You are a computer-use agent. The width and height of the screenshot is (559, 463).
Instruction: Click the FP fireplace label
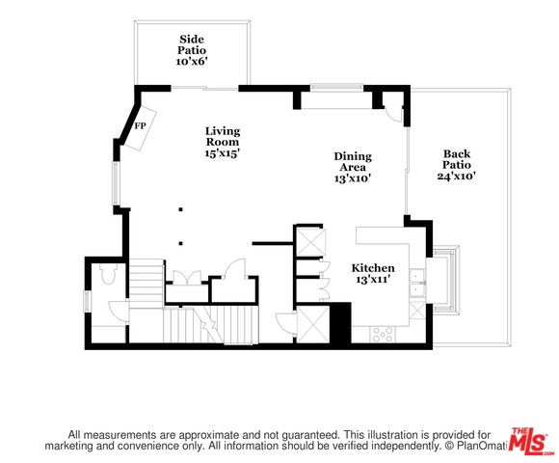coord(140,126)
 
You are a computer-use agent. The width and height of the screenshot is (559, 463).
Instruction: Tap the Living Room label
coord(223,137)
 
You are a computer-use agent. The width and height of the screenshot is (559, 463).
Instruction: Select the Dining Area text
coord(353,162)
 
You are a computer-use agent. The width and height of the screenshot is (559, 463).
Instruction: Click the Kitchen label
coord(373,268)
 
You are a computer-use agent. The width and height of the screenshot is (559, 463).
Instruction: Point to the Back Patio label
coord(457,159)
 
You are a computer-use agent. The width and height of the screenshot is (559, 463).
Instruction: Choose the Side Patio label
coord(192,44)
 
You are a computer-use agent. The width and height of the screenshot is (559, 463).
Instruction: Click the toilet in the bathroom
coord(108,274)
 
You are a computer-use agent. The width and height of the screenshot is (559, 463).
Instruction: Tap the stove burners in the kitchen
coord(383,335)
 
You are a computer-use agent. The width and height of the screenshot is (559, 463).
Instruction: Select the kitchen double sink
coord(417,283)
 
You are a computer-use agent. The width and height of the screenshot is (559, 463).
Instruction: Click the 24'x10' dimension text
coord(457,176)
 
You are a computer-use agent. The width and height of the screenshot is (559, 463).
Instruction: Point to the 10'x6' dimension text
coord(192,62)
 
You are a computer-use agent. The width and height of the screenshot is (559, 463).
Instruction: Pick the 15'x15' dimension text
coord(222,153)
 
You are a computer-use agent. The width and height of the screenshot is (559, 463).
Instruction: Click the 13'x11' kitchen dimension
coord(372,280)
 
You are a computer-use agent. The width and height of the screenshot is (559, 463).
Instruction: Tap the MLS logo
coord(530,441)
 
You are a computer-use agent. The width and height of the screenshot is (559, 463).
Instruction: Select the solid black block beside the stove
coord(340,323)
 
